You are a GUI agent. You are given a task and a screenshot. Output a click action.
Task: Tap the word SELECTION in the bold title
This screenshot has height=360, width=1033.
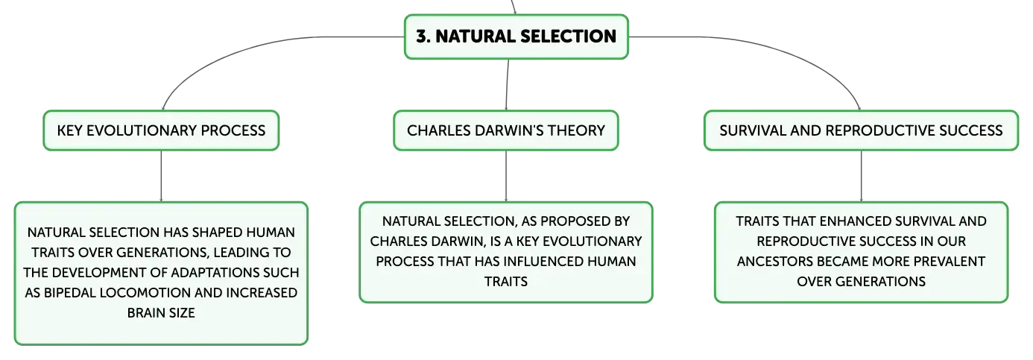tap(569, 37)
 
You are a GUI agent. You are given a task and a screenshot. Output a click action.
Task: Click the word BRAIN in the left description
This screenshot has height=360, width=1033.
tap(143, 313)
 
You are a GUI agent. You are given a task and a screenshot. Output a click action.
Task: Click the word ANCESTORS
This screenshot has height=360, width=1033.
tap(771, 262)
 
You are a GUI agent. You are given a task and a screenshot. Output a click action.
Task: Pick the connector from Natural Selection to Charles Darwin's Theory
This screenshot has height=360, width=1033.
tap(508, 85)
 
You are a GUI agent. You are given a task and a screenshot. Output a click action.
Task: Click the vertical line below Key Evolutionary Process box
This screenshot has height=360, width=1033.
tap(161, 176)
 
